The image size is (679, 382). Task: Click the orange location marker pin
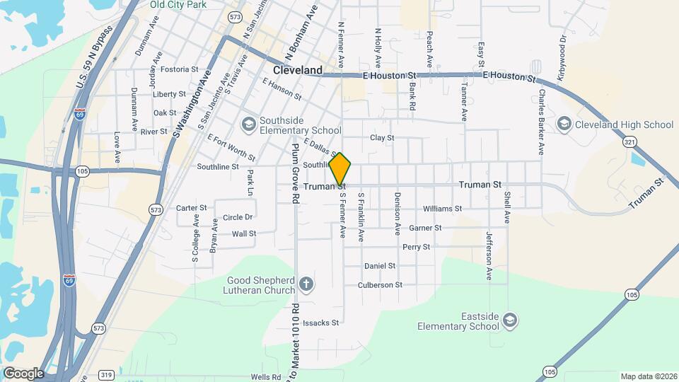click(340, 169)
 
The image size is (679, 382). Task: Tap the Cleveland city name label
click(298, 70)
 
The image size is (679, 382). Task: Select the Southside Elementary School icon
click(248, 125)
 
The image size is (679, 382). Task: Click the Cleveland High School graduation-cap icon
click(564, 125)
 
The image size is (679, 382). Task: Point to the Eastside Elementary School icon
click(509, 322)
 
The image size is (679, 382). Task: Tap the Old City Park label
click(178, 4)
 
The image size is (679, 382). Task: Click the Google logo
click(23, 373)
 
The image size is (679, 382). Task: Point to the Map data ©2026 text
click(648, 376)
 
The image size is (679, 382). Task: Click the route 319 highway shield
click(107, 375)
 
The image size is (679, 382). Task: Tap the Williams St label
click(442, 209)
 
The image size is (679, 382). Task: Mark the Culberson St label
click(380, 285)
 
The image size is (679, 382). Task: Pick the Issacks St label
click(321, 323)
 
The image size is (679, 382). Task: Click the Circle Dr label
click(238, 217)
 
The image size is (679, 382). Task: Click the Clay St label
click(382, 138)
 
